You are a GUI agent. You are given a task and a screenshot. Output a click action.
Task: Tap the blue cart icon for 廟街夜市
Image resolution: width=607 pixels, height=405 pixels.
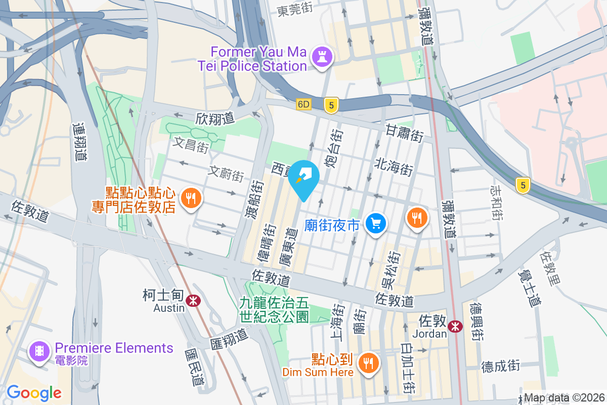click(376, 223)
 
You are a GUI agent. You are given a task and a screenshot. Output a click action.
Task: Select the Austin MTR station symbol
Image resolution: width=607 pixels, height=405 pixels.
click(192, 301)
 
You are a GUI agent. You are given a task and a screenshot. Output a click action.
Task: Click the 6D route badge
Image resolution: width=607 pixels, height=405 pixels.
click(303, 104)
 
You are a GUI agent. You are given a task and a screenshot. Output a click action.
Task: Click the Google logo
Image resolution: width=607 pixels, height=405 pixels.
click(34, 392)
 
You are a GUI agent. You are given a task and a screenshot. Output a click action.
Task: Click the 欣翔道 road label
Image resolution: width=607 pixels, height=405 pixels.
click(215, 118)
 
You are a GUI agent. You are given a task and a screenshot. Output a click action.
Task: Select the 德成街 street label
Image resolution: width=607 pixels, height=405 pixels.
click(500, 366)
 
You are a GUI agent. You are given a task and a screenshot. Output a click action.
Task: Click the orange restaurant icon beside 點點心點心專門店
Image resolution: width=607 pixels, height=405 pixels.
click(191, 198)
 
